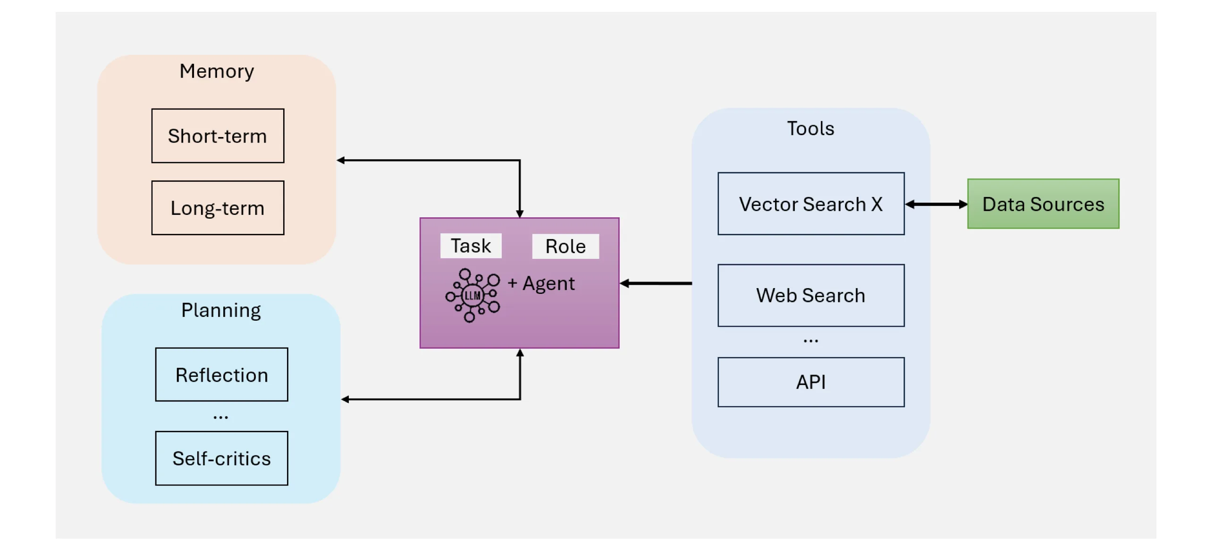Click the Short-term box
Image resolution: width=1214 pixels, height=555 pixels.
pyautogui.click(x=218, y=136)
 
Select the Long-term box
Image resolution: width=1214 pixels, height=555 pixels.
pyautogui.click(x=218, y=208)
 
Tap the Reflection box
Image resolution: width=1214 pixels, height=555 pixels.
pyautogui.click(x=222, y=375)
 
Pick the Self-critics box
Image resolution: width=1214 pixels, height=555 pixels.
pyautogui.click(x=222, y=458)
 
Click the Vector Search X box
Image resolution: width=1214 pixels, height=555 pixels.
pyautogui.click(x=811, y=204)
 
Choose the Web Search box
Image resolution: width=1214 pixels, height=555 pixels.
pyautogui.click(x=811, y=295)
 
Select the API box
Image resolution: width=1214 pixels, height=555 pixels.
pyautogui.click(x=811, y=382)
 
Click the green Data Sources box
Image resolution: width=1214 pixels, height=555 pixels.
pyautogui.click(x=1043, y=204)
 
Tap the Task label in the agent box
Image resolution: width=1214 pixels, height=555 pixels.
pyautogui.click(x=471, y=246)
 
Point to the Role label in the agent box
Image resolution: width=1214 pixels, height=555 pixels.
pyautogui.click(x=565, y=246)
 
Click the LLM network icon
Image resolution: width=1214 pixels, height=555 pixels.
pyautogui.click(x=472, y=296)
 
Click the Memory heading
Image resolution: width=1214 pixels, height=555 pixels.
pyautogui.click(x=217, y=71)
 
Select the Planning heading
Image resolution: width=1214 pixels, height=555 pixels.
pyautogui.click(x=221, y=311)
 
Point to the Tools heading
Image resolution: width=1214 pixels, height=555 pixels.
pyautogui.click(x=810, y=128)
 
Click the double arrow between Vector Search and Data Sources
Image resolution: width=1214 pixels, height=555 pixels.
pyautogui.click(x=936, y=204)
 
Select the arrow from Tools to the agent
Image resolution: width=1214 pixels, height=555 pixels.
pyautogui.click(x=656, y=283)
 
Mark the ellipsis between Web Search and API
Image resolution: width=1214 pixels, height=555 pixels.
pyautogui.click(x=810, y=341)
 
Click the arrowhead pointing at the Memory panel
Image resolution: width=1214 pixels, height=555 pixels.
pyautogui.click(x=340, y=160)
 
